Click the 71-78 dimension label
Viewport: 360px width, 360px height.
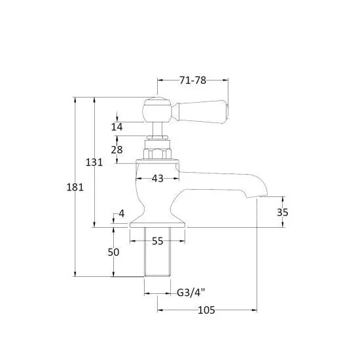click(192, 81)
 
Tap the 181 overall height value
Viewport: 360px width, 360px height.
click(75, 187)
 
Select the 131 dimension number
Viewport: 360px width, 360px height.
click(94, 162)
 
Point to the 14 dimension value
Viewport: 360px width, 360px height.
click(117, 127)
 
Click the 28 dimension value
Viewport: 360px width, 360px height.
click(117, 150)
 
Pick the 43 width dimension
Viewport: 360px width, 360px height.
click(158, 179)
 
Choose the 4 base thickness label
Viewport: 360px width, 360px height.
click(122, 214)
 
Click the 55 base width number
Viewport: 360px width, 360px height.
click(158, 241)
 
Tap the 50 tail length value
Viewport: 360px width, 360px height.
click(113, 252)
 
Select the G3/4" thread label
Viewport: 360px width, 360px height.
click(190, 293)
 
